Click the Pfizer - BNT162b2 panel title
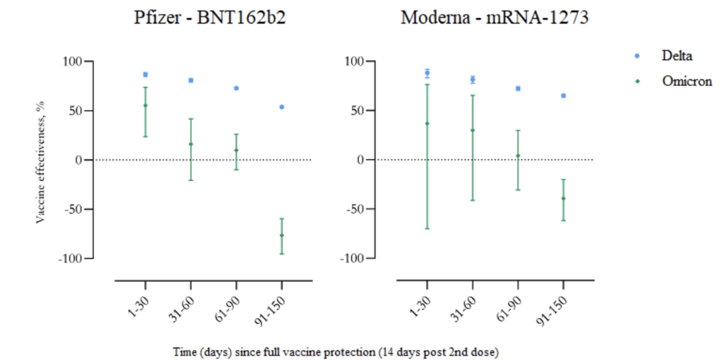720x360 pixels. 209,17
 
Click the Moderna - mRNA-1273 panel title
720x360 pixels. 494,17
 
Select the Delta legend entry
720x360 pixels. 664,56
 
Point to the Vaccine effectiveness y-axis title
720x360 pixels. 40,162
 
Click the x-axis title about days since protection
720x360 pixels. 335,352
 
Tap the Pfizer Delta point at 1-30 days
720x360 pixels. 145,74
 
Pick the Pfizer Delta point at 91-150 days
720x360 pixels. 282,107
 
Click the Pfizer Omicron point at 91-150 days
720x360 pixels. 282,235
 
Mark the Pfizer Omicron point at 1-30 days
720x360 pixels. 145,106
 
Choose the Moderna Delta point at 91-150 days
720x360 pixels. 563,96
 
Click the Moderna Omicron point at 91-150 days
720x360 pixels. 563,199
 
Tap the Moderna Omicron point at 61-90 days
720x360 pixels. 518,156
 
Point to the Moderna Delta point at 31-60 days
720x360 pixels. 473,79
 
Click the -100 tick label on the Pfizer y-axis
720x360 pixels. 70,259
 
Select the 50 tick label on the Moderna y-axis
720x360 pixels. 357,110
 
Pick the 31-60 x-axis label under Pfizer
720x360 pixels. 182,309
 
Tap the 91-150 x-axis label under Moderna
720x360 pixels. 551,311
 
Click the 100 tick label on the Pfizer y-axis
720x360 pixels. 73,61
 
